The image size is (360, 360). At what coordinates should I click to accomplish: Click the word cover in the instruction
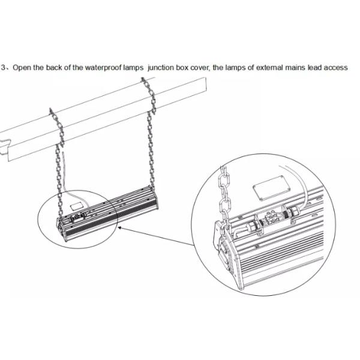tap(200, 68)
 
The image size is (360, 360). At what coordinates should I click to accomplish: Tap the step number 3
tap(3, 67)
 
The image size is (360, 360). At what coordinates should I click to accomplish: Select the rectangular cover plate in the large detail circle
tap(272, 188)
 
